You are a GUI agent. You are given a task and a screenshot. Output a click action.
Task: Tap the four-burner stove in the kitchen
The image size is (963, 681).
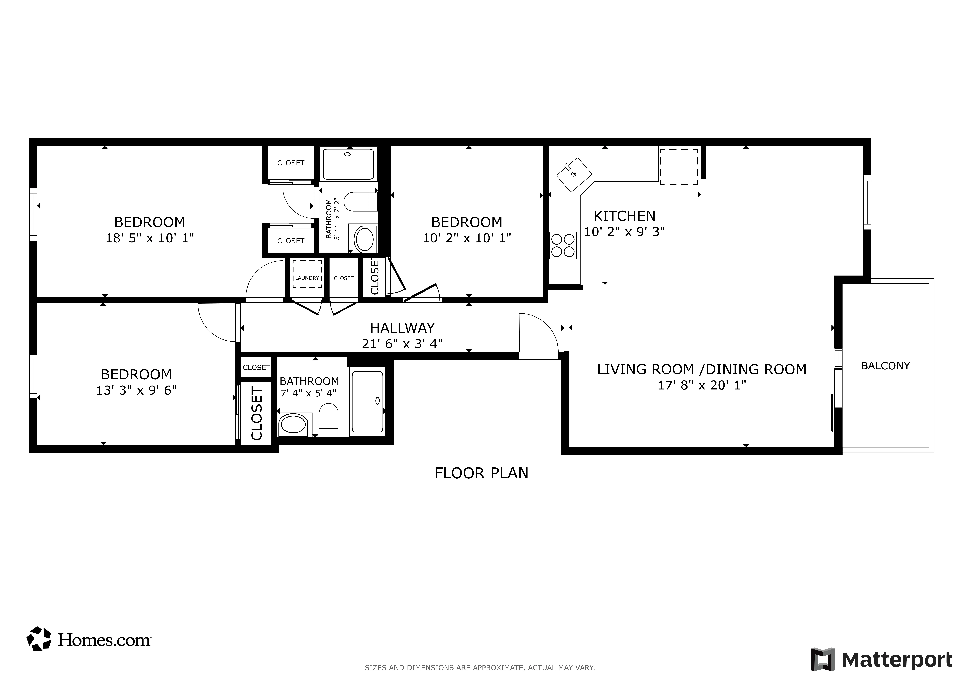[x=563, y=245]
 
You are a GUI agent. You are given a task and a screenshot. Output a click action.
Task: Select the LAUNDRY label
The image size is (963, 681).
[x=307, y=278]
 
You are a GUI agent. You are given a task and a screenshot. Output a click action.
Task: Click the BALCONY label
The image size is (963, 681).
[x=885, y=366]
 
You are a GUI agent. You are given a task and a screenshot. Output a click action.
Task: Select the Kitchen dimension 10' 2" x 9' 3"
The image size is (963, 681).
[x=624, y=231]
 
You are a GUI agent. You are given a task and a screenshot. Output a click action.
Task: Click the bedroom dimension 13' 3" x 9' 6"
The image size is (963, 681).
[x=136, y=390]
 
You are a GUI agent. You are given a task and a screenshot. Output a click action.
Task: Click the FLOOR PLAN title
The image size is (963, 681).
[x=481, y=473]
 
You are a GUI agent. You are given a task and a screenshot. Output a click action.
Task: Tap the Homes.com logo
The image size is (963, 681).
[x=89, y=639]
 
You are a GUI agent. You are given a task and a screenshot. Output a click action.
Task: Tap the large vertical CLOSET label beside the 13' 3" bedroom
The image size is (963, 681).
[x=256, y=413]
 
